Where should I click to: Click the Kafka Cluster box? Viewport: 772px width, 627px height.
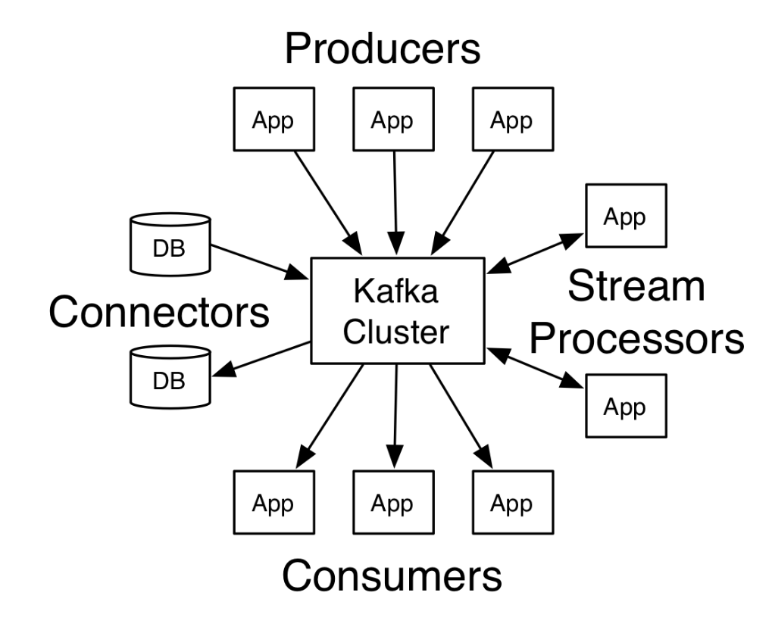pos(397,310)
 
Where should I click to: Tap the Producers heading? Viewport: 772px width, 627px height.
pos(383,48)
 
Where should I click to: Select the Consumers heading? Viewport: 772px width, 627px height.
pos(392,576)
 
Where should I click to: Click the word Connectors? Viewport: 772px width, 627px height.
pos(158,311)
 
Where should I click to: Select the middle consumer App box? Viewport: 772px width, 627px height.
pos(393,504)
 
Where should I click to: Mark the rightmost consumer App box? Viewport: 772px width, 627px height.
pos(512,504)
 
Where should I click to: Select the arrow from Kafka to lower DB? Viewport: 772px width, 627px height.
pos(262,357)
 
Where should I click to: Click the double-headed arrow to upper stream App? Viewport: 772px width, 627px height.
pos(535,252)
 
